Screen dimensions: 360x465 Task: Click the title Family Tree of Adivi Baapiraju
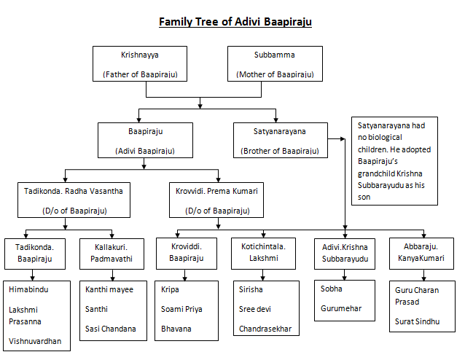[x=235, y=21]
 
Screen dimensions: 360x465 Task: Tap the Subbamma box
[x=275, y=64]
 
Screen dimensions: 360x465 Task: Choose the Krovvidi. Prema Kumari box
[x=216, y=200]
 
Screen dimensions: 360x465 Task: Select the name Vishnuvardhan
[x=35, y=340]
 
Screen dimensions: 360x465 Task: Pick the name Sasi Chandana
[x=111, y=329]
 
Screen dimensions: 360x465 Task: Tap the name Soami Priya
[x=182, y=309]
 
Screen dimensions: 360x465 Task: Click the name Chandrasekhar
[x=265, y=329]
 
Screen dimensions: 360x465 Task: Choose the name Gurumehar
[x=341, y=308]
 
